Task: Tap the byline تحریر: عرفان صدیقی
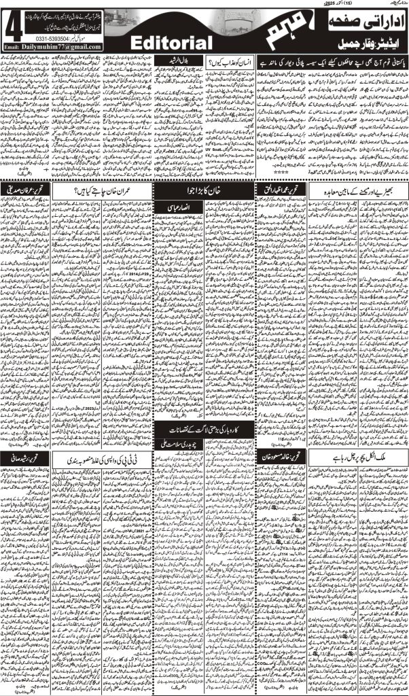pyautogui.click(x=26, y=190)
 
